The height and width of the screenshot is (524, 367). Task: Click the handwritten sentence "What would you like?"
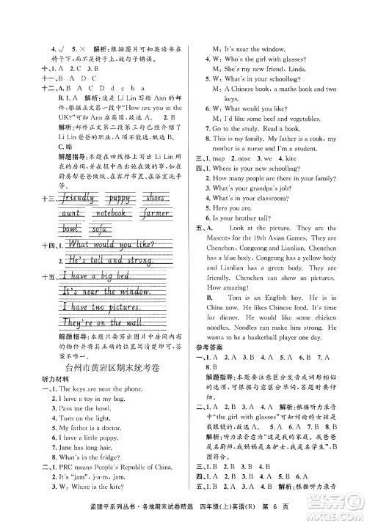(x=110, y=243)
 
